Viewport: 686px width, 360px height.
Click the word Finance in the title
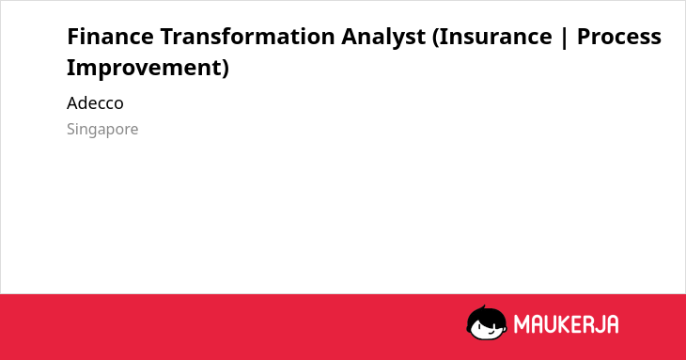(110, 36)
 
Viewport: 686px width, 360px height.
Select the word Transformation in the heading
(247, 36)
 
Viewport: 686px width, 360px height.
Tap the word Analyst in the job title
(383, 38)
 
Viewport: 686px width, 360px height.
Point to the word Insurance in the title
(495, 36)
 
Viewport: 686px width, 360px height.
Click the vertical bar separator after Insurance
(565, 38)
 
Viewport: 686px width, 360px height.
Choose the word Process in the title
(619, 36)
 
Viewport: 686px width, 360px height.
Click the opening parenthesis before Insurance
(435, 38)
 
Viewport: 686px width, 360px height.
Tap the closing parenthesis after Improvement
(225, 69)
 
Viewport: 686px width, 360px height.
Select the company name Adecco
(95, 103)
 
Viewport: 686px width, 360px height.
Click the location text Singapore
(102, 130)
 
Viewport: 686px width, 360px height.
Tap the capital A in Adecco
(71, 103)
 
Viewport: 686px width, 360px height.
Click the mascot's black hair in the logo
(485, 316)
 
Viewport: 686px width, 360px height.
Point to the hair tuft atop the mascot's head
(483, 308)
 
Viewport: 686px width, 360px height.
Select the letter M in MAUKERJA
(522, 324)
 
